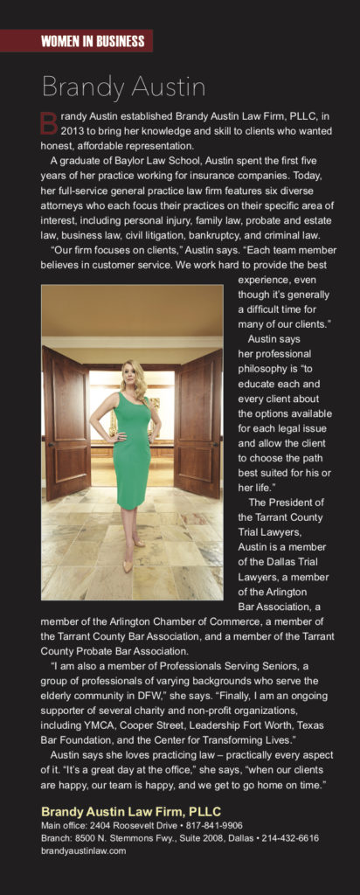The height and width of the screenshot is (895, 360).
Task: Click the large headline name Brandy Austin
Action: [123, 87]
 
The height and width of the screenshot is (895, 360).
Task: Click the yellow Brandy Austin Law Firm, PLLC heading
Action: [131, 810]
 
